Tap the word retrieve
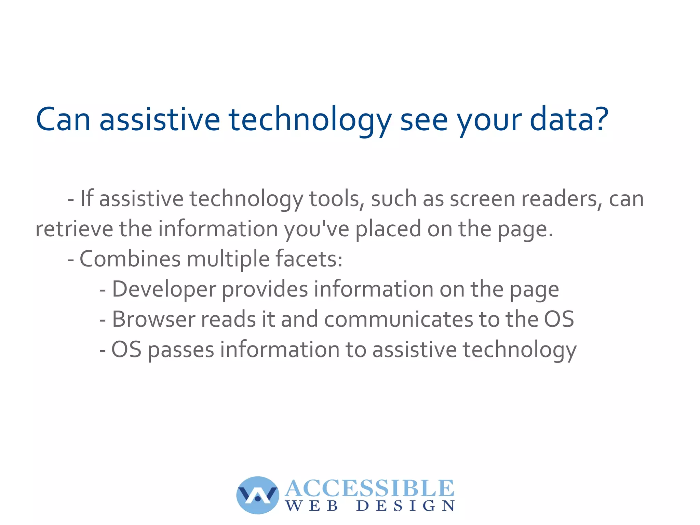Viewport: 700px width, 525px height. coord(74,229)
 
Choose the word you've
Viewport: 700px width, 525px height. coord(317,229)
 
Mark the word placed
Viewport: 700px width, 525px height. coord(388,229)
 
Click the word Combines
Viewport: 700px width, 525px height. coord(130,259)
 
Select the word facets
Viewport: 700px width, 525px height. coord(309,259)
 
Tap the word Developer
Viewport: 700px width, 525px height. coord(164,289)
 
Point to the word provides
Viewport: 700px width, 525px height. coord(265,289)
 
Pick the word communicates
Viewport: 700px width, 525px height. coord(399,319)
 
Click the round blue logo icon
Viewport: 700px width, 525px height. coord(257,495)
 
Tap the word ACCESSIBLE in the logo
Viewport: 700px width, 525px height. coord(369,488)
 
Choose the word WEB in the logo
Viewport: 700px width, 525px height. coord(312,506)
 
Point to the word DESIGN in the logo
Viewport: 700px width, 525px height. coord(405,506)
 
